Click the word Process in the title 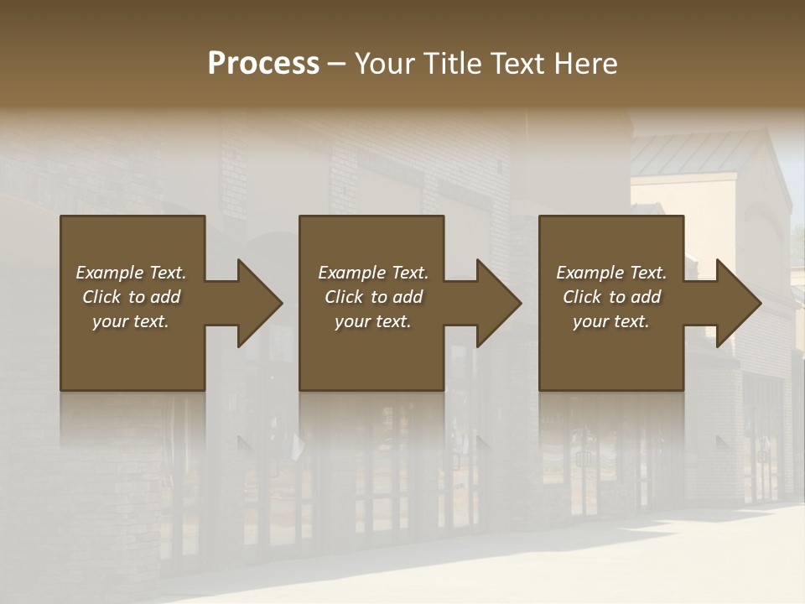coord(263,64)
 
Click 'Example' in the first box coord(110,273)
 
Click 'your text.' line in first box coord(131,321)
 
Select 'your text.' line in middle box coord(372,321)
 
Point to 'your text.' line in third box coord(611,321)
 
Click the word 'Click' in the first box coord(101,297)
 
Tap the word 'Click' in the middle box coord(344,297)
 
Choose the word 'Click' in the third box coord(582,297)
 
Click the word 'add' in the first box coord(164,297)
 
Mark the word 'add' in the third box coord(645,297)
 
